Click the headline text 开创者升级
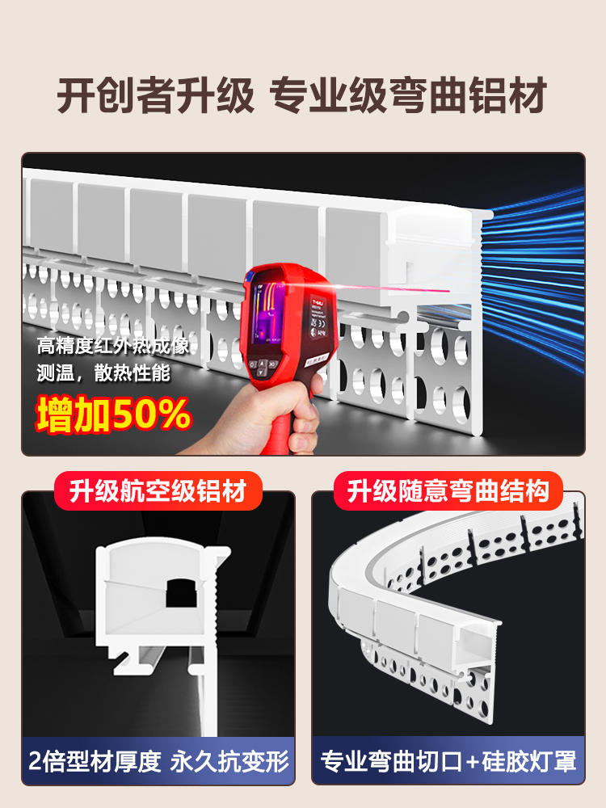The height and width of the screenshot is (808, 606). [x=155, y=96]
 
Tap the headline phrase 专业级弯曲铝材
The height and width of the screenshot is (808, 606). [x=408, y=96]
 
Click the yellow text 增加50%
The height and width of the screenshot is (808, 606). [x=113, y=415]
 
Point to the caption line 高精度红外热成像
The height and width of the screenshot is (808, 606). [x=113, y=345]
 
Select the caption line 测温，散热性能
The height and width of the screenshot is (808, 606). [x=103, y=372]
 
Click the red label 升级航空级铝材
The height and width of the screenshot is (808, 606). [x=158, y=491]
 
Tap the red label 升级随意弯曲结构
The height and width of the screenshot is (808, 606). [x=448, y=491]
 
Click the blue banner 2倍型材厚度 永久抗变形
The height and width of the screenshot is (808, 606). [x=158, y=761]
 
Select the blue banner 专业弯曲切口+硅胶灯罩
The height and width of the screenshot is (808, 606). [x=448, y=761]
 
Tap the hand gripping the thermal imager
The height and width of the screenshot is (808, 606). [x=268, y=418]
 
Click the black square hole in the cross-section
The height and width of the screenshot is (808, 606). [x=182, y=592]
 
